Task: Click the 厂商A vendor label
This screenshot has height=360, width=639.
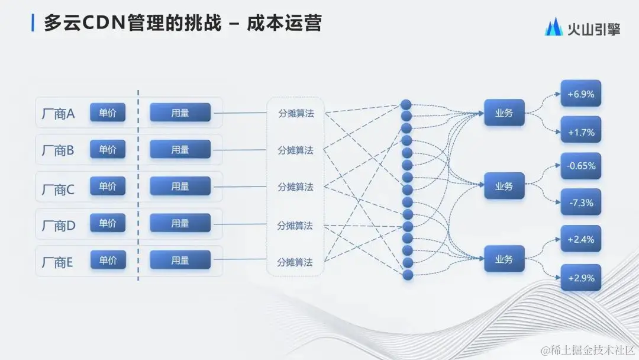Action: tap(59, 114)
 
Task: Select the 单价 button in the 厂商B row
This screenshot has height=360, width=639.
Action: tap(108, 149)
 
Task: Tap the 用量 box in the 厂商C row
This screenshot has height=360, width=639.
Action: tap(180, 187)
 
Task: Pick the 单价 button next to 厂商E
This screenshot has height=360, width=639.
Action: tap(108, 260)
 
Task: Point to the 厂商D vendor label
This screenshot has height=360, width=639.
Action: tap(59, 226)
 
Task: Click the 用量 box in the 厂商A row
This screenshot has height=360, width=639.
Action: tap(180, 112)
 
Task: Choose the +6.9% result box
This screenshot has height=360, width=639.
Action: tap(580, 94)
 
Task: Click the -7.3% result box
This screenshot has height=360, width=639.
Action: tap(580, 202)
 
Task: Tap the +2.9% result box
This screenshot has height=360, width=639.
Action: tap(580, 277)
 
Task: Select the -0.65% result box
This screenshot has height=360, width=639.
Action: tap(580, 166)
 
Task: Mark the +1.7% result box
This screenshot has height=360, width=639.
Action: tap(580, 131)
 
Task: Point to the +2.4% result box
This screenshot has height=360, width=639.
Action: tap(580, 239)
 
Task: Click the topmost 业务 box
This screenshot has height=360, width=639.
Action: tap(504, 112)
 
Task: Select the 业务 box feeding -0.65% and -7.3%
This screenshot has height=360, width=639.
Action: tap(504, 186)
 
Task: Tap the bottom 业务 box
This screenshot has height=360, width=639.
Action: tap(504, 259)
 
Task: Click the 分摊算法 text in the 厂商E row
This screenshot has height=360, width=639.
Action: tap(295, 262)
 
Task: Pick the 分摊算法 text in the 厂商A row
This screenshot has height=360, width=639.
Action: tap(296, 114)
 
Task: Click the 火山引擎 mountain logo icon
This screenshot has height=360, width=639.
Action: tap(553, 27)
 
